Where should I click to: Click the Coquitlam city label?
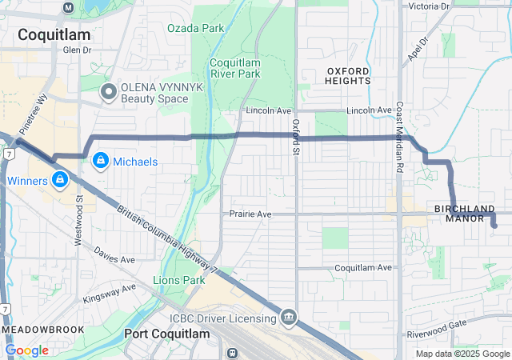tap(54, 34)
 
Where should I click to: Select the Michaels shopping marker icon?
tap(101, 161)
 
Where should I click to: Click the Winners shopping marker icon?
tap(61, 180)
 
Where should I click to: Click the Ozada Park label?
tap(195, 28)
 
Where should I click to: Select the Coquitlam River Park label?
tap(235, 69)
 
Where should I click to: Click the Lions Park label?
tap(179, 281)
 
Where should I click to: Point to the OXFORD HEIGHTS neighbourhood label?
tap(348, 75)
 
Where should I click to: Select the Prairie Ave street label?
tap(250, 214)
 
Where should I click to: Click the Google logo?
tap(26, 350)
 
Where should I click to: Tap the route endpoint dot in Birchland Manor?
tap(494, 226)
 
